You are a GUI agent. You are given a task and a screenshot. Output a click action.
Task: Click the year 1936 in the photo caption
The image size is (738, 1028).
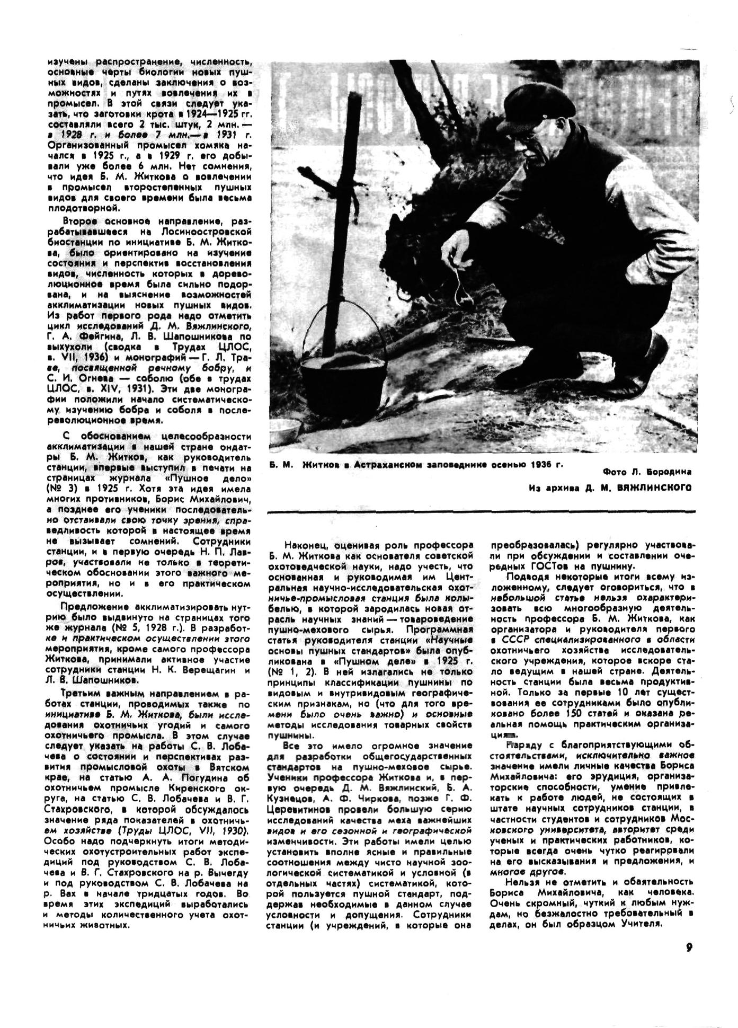tap(536, 464)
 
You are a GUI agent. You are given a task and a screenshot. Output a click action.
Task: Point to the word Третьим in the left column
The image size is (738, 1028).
tap(79, 693)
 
